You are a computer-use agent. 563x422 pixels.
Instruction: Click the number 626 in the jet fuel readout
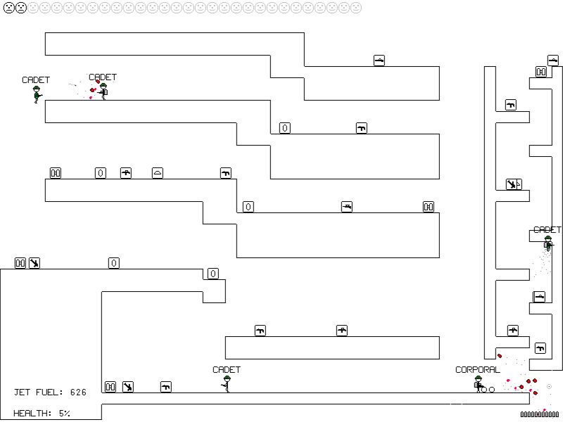(77, 392)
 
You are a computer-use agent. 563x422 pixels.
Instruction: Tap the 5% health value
(64, 414)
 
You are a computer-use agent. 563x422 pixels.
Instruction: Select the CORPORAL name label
(477, 369)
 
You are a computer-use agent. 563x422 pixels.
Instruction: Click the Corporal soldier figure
(479, 384)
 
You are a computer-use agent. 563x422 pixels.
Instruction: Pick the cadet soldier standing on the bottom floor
(226, 384)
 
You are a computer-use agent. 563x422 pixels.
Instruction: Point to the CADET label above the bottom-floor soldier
(226, 369)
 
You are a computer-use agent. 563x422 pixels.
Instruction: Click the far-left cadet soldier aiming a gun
(37, 94)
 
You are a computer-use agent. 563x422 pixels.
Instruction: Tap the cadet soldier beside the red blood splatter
(103, 91)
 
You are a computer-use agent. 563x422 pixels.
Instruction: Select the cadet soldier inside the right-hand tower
(548, 244)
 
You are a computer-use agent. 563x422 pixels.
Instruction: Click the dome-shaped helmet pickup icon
(157, 173)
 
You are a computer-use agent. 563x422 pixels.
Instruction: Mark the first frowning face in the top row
(8, 8)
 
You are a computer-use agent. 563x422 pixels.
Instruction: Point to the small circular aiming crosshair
(549, 386)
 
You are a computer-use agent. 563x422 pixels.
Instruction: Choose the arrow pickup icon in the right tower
(512, 184)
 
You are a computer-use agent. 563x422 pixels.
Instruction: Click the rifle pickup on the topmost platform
(379, 60)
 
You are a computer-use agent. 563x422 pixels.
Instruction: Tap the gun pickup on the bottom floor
(166, 387)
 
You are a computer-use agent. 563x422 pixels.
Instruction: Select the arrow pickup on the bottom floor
(127, 387)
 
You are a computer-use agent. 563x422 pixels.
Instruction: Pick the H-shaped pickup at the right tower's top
(541, 71)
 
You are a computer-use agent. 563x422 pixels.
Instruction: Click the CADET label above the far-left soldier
(36, 80)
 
